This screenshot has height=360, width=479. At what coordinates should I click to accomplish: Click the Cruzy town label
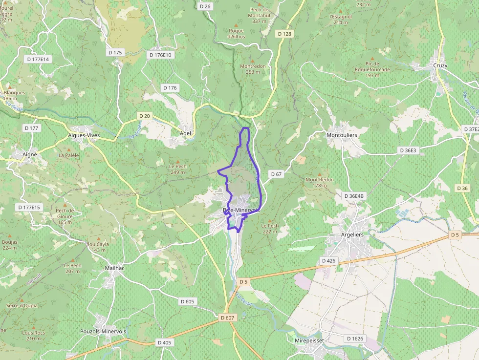440,65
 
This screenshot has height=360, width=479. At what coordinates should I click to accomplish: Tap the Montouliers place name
342,135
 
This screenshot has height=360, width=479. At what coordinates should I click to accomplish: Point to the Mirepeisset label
310,340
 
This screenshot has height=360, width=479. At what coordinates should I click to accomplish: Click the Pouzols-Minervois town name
103,331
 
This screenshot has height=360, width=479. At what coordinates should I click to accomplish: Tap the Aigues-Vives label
84,135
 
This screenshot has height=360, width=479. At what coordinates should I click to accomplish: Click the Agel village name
186,133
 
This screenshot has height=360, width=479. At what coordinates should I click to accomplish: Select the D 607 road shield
228,318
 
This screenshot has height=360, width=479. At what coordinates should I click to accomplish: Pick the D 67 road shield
276,174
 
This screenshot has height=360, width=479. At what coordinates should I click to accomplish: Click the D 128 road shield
284,34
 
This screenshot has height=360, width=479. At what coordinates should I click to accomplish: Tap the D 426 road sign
329,261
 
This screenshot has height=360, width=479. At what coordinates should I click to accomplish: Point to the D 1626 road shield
355,339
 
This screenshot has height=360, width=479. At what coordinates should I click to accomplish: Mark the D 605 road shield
187,301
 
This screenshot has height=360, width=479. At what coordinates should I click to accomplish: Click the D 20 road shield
144,116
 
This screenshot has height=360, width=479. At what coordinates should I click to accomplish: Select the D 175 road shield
115,52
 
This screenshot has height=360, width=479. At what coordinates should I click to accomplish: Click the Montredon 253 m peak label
253,69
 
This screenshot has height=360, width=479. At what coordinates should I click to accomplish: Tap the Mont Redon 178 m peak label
320,182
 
